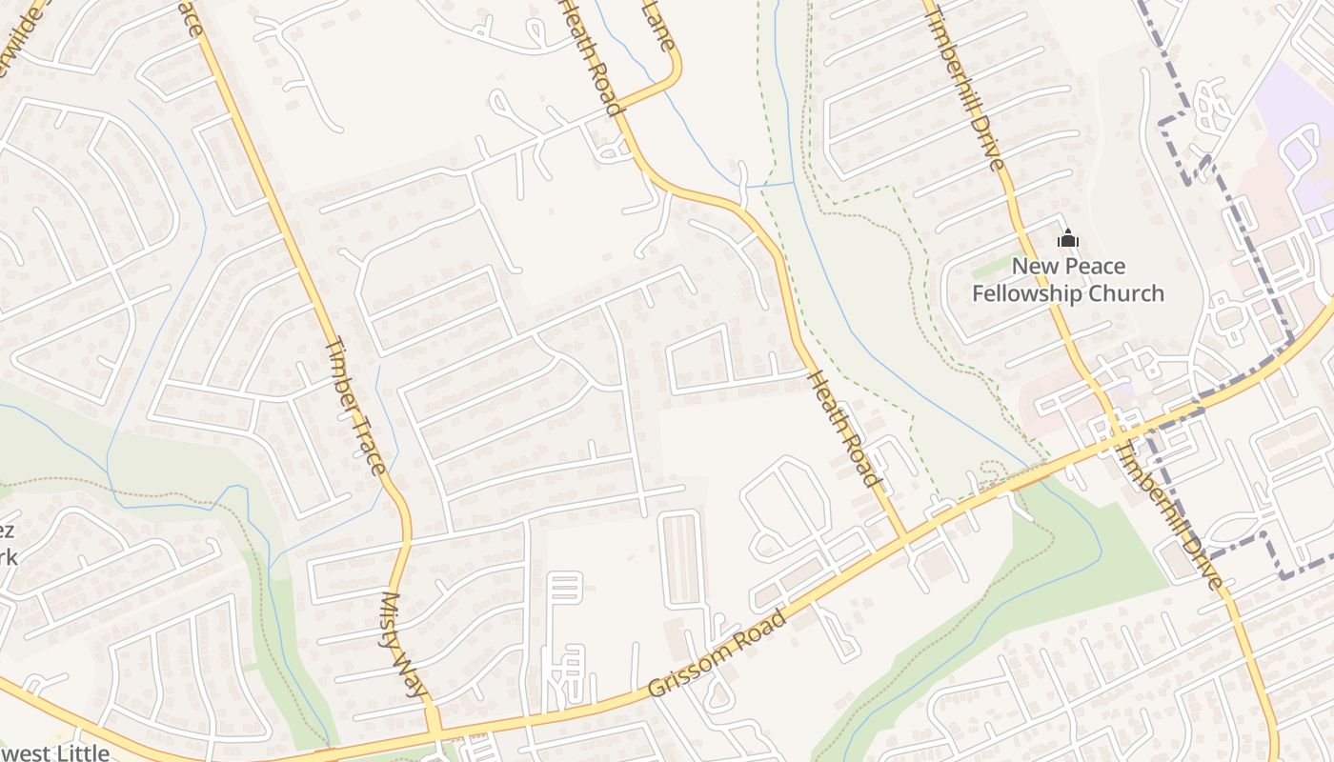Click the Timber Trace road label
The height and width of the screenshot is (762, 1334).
point(355,406)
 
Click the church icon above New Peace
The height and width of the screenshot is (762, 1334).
point(1067,238)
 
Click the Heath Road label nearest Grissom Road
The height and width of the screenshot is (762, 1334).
point(842,430)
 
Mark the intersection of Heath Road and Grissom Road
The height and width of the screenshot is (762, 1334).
point(903,539)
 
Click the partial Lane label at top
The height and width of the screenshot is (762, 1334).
point(659,24)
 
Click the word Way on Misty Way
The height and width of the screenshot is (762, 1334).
point(415,677)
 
